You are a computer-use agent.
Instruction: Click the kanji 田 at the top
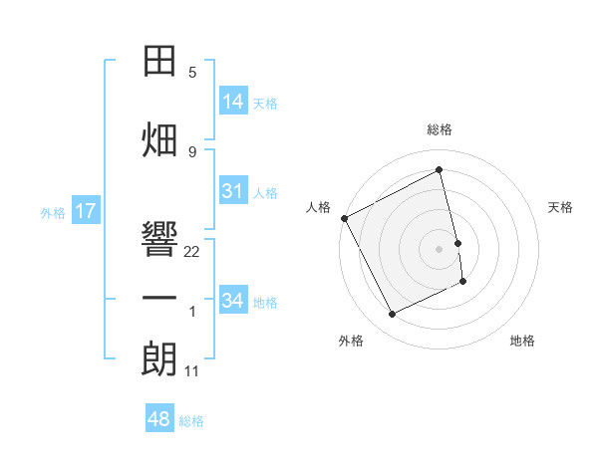click(x=159, y=61)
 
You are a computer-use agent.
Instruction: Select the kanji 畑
click(x=159, y=139)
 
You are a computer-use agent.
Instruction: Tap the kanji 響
click(x=159, y=238)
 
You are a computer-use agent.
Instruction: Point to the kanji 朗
click(x=159, y=358)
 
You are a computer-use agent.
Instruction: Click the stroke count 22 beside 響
click(x=191, y=252)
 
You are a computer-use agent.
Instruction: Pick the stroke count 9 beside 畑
click(x=192, y=152)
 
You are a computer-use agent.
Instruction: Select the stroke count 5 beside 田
click(x=192, y=73)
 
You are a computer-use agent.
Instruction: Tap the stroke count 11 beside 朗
click(x=191, y=371)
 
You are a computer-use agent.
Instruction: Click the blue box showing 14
click(x=233, y=101)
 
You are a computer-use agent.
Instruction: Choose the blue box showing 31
click(x=233, y=190)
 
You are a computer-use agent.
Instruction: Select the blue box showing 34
click(x=233, y=299)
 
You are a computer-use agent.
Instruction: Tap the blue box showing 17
click(x=86, y=210)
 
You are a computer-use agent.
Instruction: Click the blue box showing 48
click(x=159, y=417)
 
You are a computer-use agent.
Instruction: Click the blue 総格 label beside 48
click(x=191, y=421)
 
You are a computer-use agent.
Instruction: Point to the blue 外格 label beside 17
click(x=53, y=213)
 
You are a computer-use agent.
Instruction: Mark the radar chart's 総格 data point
click(x=439, y=169)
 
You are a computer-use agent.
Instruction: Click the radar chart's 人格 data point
click(x=345, y=218)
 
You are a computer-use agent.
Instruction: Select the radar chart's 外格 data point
click(x=392, y=315)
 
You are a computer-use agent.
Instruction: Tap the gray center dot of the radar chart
click(x=439, y=249)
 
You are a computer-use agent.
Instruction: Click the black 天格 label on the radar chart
click(x=560, y=207)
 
